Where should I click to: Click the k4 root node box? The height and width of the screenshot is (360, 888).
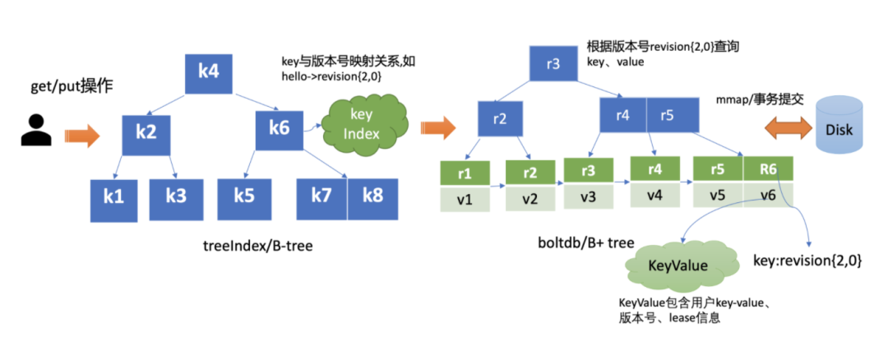[209, 72]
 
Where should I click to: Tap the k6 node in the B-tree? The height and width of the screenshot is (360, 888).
[278, 127]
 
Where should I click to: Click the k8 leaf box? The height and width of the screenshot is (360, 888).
[372, 196]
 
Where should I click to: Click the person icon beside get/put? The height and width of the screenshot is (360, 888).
[35, 132]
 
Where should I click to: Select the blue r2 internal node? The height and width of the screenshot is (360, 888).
[501, 118]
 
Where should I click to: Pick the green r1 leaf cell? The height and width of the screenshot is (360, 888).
[465, 174]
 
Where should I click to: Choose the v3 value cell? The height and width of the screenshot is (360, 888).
[588, 196]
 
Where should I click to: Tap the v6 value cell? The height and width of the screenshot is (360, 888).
[768, 196]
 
